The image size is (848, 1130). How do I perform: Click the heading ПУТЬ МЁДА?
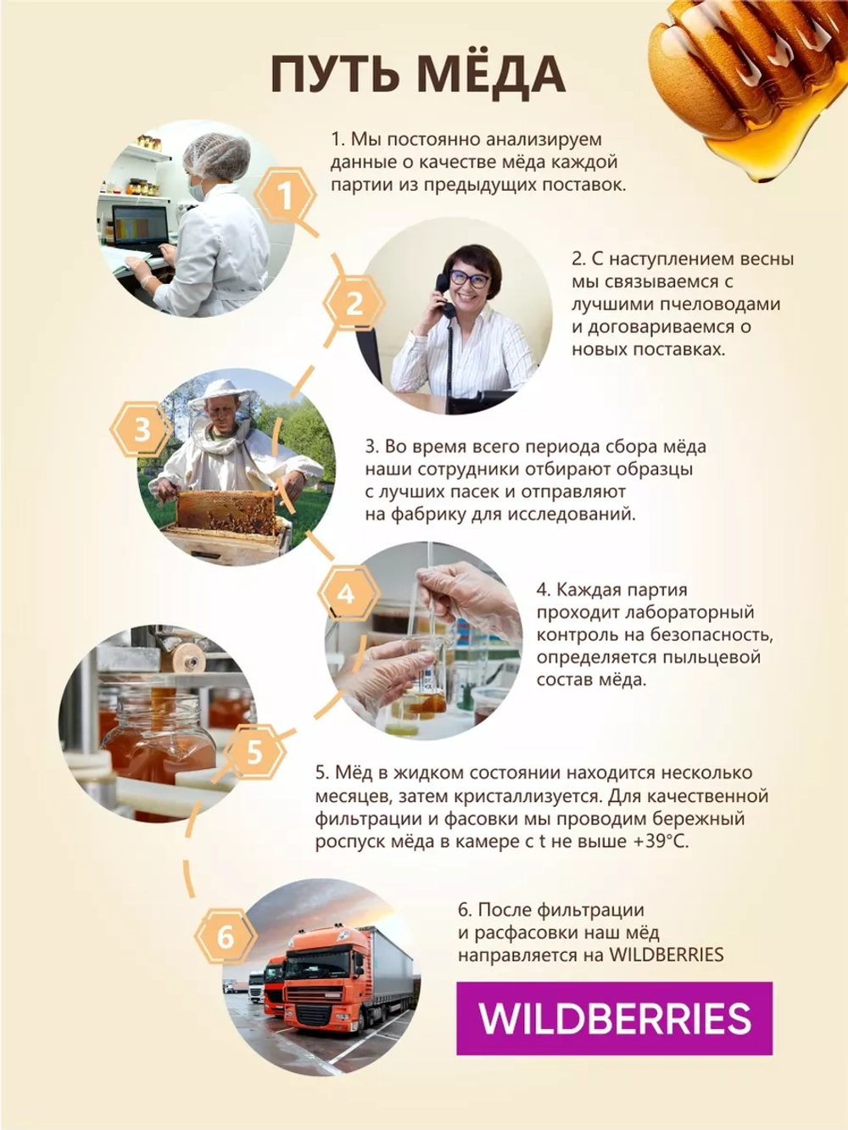pos(418,75)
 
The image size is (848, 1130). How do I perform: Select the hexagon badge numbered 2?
pos(354,303)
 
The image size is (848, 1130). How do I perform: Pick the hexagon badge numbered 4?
pos(347,593)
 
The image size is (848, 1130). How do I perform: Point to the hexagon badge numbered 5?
pos(254,751)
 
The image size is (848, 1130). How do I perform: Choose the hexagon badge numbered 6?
pos(226,936)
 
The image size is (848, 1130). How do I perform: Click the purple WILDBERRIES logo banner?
pos(614,1018)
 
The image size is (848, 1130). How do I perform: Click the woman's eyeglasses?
pos(468,277)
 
